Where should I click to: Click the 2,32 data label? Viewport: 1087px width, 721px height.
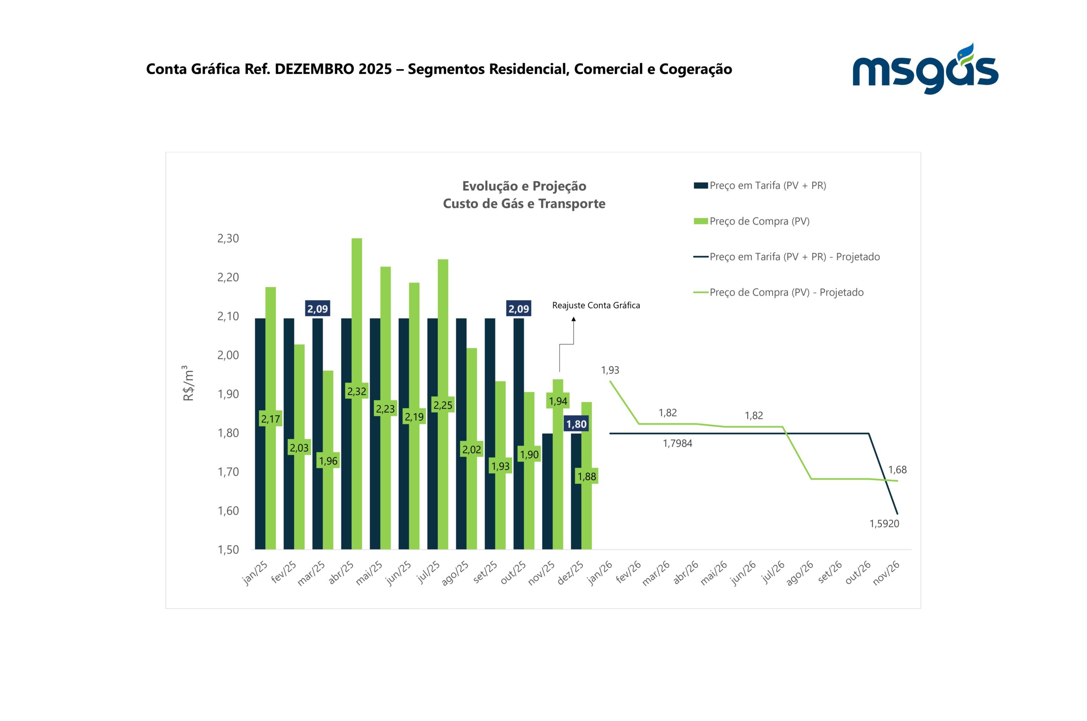coord(357,391)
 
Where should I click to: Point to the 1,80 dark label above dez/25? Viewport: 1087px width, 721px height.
coord(576,424)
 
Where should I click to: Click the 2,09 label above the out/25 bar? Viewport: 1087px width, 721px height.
coord(518,309)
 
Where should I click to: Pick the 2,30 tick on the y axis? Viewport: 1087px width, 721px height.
coord(228,238)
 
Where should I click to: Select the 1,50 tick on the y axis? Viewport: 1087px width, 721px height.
coord(228,550)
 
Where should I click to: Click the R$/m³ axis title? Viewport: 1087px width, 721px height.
coord(189,383)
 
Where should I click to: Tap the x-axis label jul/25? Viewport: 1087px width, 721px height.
coord(429,572)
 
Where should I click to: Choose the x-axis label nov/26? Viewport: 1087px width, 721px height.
coord(886,573)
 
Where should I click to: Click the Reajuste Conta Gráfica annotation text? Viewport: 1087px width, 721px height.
coord(596,305)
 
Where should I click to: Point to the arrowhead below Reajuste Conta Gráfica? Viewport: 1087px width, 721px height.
coord(573,319)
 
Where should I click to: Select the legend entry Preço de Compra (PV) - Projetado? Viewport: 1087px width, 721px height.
coord(786,292)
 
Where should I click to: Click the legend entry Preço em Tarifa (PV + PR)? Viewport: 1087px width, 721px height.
coord(767,185)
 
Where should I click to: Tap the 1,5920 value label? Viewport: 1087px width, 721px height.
coord(884,524)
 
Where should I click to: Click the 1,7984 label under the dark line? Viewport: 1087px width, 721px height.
coord(677,443)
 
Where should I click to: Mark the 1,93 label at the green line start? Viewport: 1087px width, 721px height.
coord(610,370)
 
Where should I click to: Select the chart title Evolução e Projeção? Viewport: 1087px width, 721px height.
coord(524,186)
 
